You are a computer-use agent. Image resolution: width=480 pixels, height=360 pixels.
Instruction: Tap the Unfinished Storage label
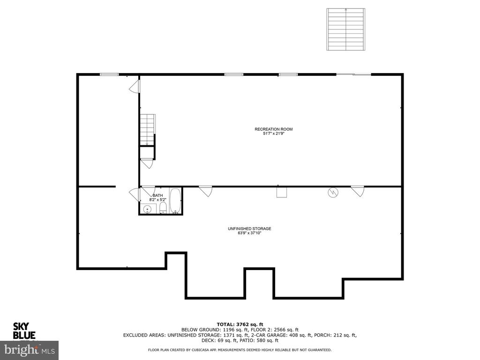[x=249, y=229]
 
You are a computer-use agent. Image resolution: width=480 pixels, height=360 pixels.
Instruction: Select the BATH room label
[x=157, y=195]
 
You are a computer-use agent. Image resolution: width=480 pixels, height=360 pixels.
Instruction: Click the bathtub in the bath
[x=175, y=202]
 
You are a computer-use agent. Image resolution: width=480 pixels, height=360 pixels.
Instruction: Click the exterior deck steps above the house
[x=346, y=29]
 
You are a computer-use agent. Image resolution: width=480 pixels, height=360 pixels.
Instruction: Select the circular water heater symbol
[x=333, y=192]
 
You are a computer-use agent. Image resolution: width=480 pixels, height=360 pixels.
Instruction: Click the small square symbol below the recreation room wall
[x=282, y=193]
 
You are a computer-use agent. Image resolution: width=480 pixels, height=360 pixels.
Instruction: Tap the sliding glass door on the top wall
[x=353, y=74]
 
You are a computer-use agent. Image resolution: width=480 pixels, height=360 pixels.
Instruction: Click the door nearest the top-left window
[x=134, y=86]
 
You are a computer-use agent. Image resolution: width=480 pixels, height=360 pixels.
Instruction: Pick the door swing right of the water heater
[x=358, y=191]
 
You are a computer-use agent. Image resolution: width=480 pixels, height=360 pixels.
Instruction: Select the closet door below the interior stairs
[x=147, y=164]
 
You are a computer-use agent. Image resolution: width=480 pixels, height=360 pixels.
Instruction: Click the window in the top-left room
[x=109, y=74]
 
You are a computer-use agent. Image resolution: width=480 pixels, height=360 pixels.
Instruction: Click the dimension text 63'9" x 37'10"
[x=249, y=233]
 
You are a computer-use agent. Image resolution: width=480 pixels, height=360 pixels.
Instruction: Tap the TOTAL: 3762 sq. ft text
[x=240, y=324]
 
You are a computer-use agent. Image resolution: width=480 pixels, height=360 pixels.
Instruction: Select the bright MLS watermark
[x=29, y=350]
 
